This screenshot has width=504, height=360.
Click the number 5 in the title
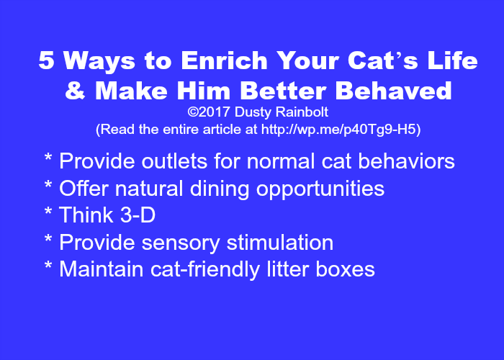click(46, 60)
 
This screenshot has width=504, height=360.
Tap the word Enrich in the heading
click(224, 60)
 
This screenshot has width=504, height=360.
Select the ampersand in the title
click(75, 90)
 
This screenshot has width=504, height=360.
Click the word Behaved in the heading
click(394, 90)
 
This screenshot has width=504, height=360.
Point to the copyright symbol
click(192, 112)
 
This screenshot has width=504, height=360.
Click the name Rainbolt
click(302, 112)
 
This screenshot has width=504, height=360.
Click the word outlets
click(174, 161)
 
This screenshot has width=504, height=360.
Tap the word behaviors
click(406, 161)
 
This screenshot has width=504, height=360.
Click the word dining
click(220, 189)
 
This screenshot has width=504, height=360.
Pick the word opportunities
click(320, 189)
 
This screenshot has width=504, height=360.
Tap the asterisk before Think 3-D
click(48, 212)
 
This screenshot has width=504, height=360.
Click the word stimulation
click(280, 242)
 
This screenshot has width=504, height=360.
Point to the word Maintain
click(102, 269)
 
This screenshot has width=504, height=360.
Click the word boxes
click(345, 269)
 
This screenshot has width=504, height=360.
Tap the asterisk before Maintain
click(48, 266)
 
